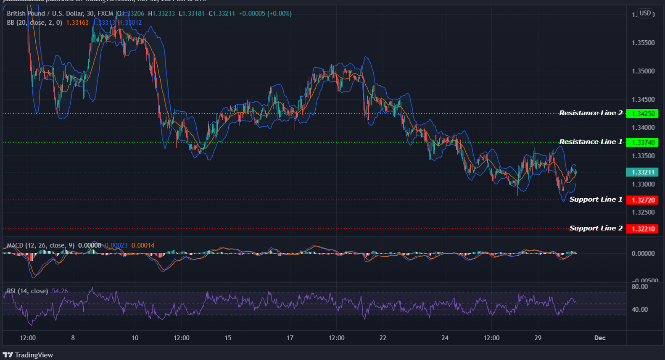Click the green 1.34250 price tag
click(642, 113)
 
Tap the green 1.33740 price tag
click(642, 142)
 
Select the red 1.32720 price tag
click(642, 200)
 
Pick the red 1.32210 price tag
click(642, 229)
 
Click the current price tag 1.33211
click(642, 172)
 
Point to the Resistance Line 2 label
click(590, 113)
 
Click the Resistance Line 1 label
click(590, 142)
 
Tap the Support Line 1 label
click(596, 200)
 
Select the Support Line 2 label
click(596, 228)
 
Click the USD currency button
click(645, 13)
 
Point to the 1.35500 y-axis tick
click(643, 43)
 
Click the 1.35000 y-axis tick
click(643, 71)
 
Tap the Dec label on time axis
click(600, 338)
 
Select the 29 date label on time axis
click(538, 338)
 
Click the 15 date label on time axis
click(228, 338)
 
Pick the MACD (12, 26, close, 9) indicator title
click(41, 245)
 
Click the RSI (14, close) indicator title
click(27, 291)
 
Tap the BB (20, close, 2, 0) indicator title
click(34, 22)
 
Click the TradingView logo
click(28, 355)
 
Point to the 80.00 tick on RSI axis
click(639, 286)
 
